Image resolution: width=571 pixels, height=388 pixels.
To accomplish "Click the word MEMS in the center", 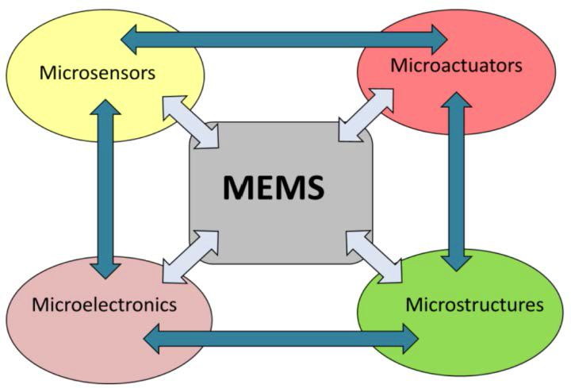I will tap(274, 187).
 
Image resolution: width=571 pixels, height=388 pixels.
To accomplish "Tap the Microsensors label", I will tap(97, 73).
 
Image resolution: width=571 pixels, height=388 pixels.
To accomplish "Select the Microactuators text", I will tap(456, 65).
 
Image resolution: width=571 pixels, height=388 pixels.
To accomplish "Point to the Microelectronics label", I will tap(104, 304).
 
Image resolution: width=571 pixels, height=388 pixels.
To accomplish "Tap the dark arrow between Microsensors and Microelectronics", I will tap(105, 190).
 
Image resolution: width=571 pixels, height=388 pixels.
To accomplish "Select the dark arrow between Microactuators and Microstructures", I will tap(455, 182).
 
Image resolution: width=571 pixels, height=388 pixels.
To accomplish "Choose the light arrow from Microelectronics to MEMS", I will tap(190, 255).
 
